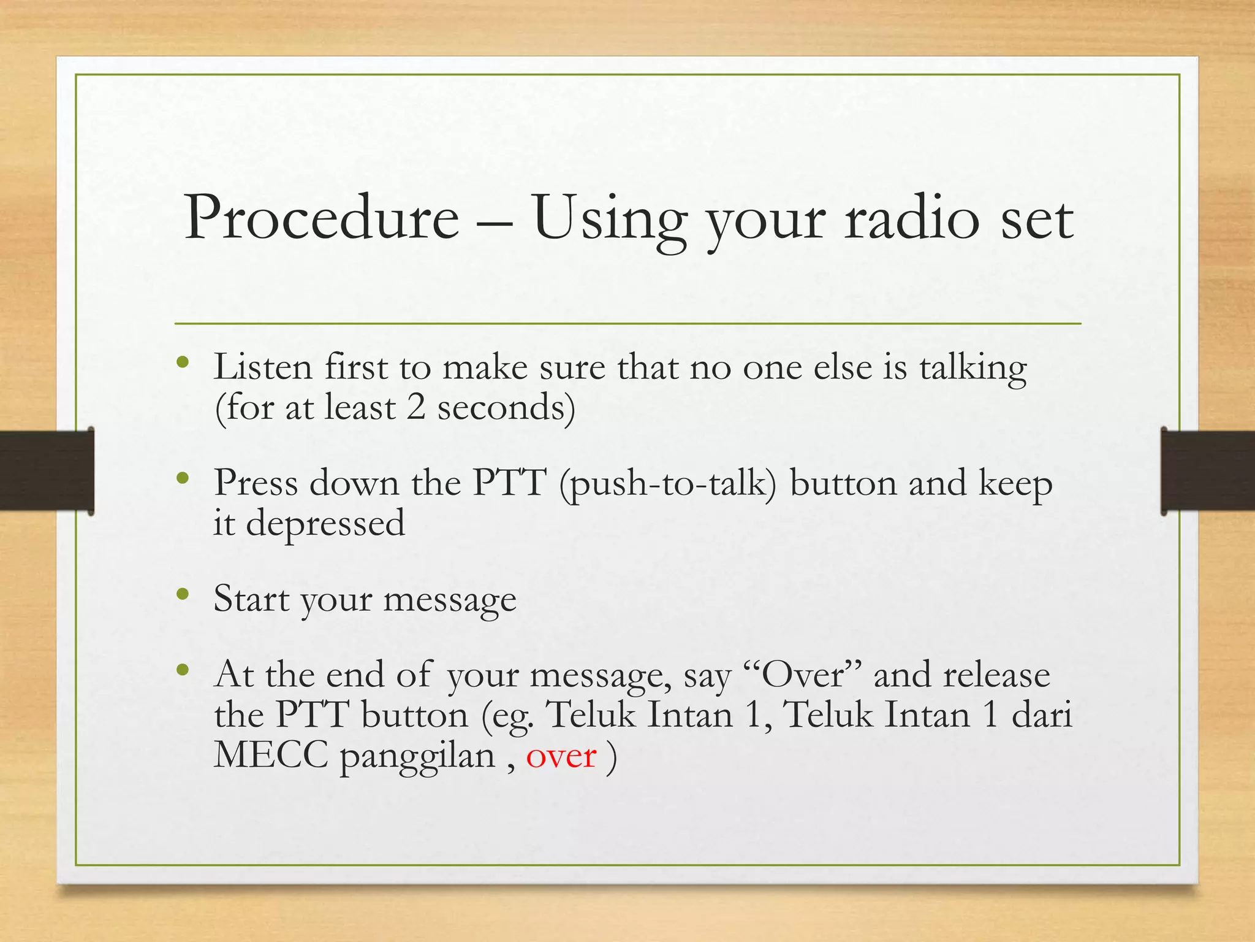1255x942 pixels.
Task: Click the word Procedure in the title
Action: point(321,217)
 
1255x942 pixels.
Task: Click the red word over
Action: point(561,756)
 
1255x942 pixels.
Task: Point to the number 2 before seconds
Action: point(415,407)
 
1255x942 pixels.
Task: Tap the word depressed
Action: point(325,523)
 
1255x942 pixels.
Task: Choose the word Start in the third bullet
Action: point(251,599)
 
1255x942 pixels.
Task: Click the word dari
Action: point(1042,715)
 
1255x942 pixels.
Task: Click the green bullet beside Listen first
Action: point(183,362)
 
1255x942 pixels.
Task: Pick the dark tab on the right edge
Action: point(1207,471)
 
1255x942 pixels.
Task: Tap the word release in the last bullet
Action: point(996,675)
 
